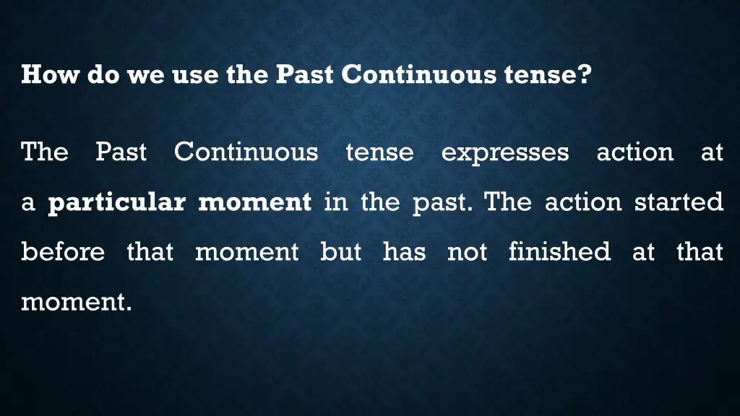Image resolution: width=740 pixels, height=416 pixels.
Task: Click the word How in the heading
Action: (x=51, y=74)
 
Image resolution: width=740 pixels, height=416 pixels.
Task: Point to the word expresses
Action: (x=504, y=152)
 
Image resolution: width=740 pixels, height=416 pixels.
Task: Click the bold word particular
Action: (x=116, y=202)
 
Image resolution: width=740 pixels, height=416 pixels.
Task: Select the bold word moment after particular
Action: (x=254, y=202)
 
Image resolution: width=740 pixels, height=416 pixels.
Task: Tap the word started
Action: (x=679, y=201)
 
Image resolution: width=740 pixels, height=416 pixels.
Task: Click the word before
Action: (x=63, y=252)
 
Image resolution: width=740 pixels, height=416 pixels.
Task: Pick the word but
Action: (x=341, y=252)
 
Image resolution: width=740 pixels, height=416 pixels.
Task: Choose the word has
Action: (x=404, y=252)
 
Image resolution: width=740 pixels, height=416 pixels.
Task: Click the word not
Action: (x=467, y=252)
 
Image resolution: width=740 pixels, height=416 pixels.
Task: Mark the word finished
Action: (x=559, y=252)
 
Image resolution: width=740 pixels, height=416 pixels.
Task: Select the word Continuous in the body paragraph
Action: (x=246, y=152)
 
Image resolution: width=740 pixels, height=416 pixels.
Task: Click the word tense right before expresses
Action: (x=379, y=152)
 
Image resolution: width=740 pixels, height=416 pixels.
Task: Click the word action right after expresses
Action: (x=634, y=152)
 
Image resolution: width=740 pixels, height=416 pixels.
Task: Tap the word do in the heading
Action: (x=104, y=74)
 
